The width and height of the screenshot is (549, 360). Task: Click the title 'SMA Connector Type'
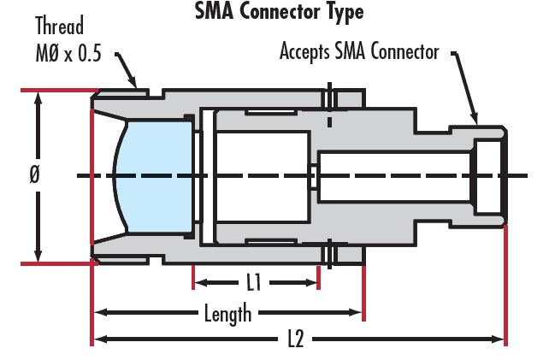click(x=279, y=12)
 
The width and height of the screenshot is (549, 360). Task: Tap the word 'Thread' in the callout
click(x=60, y=26)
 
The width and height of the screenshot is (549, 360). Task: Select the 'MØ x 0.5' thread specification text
click(x=68, y=53)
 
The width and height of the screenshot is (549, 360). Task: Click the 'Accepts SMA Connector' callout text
click(x=359, y=52)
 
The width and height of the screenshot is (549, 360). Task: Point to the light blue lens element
click(x=154, y=176)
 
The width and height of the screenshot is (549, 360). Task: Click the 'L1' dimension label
click(x=254, y=282)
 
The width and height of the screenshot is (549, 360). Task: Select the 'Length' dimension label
click(x=228, y=314)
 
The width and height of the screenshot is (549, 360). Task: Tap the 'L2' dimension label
click(x=296, y=339)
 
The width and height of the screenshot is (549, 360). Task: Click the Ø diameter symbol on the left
click(x=35, y=174)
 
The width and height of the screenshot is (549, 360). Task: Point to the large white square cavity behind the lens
click(x=263, y=177)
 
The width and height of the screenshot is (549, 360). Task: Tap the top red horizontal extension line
click(x=59, y=91)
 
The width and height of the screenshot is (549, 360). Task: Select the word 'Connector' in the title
click(x=280, y=12)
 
